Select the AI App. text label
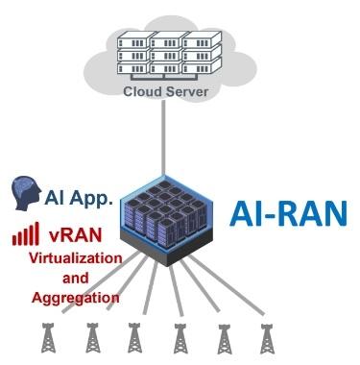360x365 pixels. (x=79, y=198)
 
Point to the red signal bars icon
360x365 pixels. (x=25, y=232)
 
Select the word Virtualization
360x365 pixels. (x=75, y=259)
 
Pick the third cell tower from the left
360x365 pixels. (x=134, y=338)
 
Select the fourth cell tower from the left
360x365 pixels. (x=179, y=338)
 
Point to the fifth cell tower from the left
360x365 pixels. (x=224, y=338)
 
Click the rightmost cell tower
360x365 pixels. (x=267, y=338)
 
